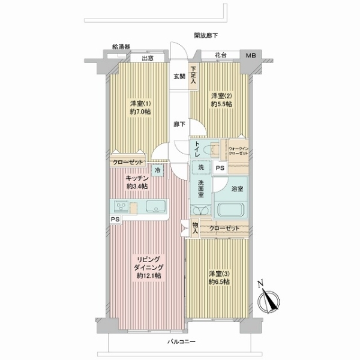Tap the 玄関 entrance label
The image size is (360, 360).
coord(179,76)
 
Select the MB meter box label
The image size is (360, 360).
coord(251,55)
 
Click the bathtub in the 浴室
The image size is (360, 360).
coord(230,209)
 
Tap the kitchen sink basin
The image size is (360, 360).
coord(156,206)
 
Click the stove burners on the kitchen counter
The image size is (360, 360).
coord(121,206)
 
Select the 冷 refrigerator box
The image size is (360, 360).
coord(157,170)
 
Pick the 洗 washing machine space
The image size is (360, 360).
coord(201,167)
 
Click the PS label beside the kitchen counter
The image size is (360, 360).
coord(115,219)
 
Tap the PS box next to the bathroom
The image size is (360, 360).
coord(220,168)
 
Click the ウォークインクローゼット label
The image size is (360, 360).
coord(238,151)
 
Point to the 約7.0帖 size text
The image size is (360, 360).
coord(140,112)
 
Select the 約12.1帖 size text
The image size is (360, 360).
coord(149,275)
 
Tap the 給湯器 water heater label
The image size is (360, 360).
coord(121,47)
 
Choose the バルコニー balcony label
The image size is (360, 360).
coord(181,342)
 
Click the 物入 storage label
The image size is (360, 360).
coord(195,228)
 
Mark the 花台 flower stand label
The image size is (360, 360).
coord(221,55)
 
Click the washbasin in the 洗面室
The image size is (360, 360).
coord(200,210)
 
